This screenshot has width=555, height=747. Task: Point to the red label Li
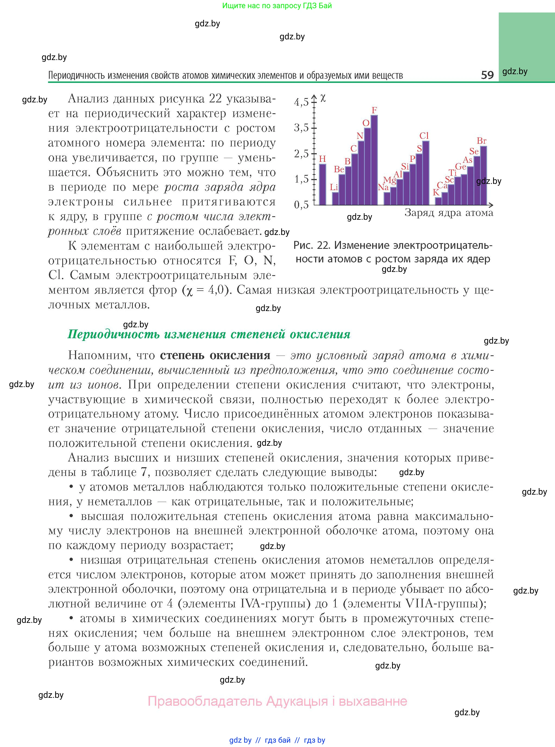coord(334,187)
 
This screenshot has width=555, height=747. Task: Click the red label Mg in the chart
coord(390,180)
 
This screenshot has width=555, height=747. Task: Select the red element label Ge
coord(460,167)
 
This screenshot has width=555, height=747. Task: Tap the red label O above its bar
coord(366,123)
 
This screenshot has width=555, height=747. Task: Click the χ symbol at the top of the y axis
coord(323,98)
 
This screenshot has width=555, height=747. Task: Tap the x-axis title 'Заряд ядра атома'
coord(449,213)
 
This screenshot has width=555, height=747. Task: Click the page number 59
coord(487,75)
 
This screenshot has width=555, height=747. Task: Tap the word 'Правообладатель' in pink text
coord(205,701)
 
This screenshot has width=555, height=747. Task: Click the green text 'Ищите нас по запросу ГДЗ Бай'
coord(277,6)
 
